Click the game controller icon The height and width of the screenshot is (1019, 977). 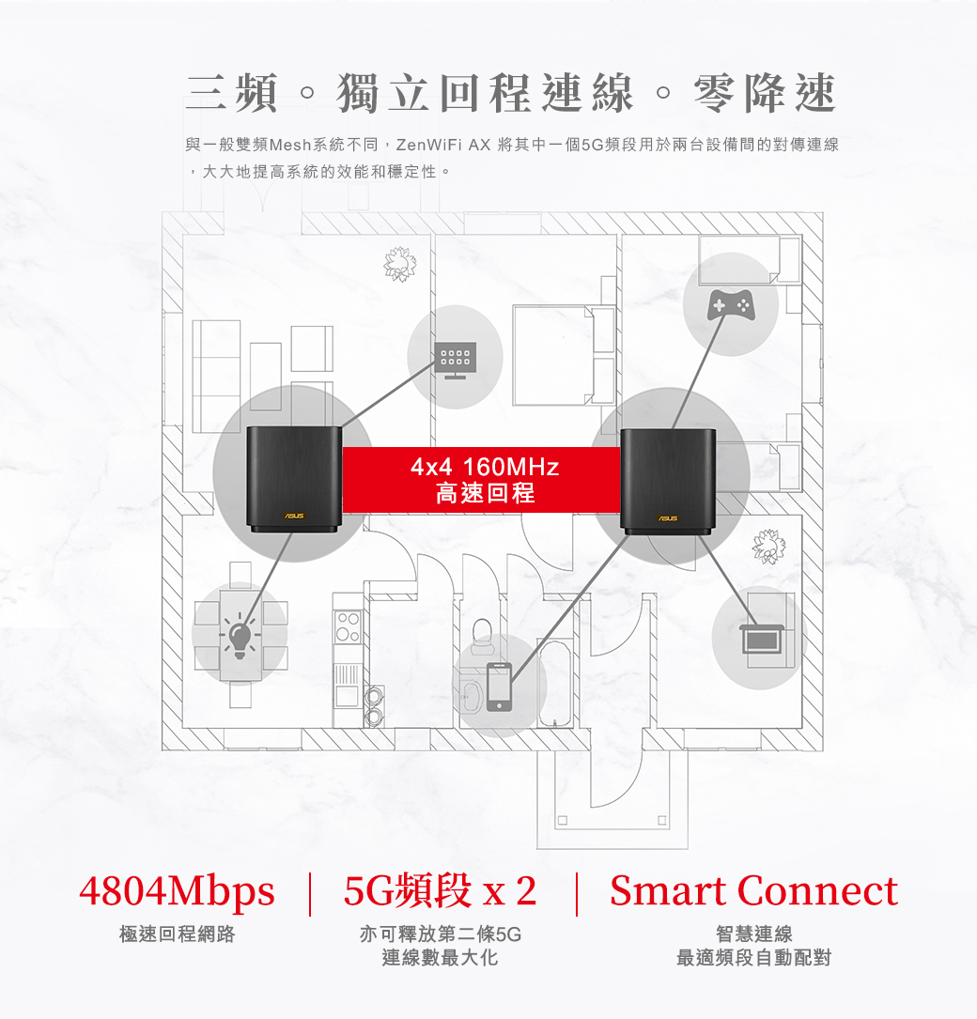coord(730,303)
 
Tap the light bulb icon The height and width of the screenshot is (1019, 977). coord(239,637)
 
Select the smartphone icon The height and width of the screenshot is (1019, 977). coord(499,687)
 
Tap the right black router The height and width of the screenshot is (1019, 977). coord(668,479)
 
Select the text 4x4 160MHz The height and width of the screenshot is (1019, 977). coord(485,467)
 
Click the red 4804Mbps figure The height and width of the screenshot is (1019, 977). coord(177,891)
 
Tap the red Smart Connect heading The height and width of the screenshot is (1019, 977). coord(753,891)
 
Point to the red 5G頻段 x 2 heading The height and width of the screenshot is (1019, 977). coord(441,891)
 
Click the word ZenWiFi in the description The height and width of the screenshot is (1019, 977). coord(430,146)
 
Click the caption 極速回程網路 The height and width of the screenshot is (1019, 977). coord(177,934)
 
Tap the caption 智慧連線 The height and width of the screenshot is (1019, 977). coord(753,934)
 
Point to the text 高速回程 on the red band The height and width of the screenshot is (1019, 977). coord(485,493)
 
